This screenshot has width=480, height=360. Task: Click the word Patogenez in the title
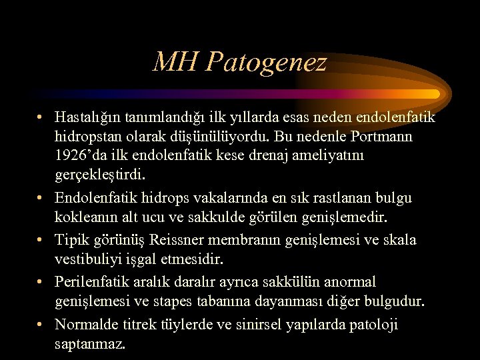pos(266,63)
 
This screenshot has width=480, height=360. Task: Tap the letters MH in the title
pos(175,63)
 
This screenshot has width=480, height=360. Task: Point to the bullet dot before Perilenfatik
pos(41,282)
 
